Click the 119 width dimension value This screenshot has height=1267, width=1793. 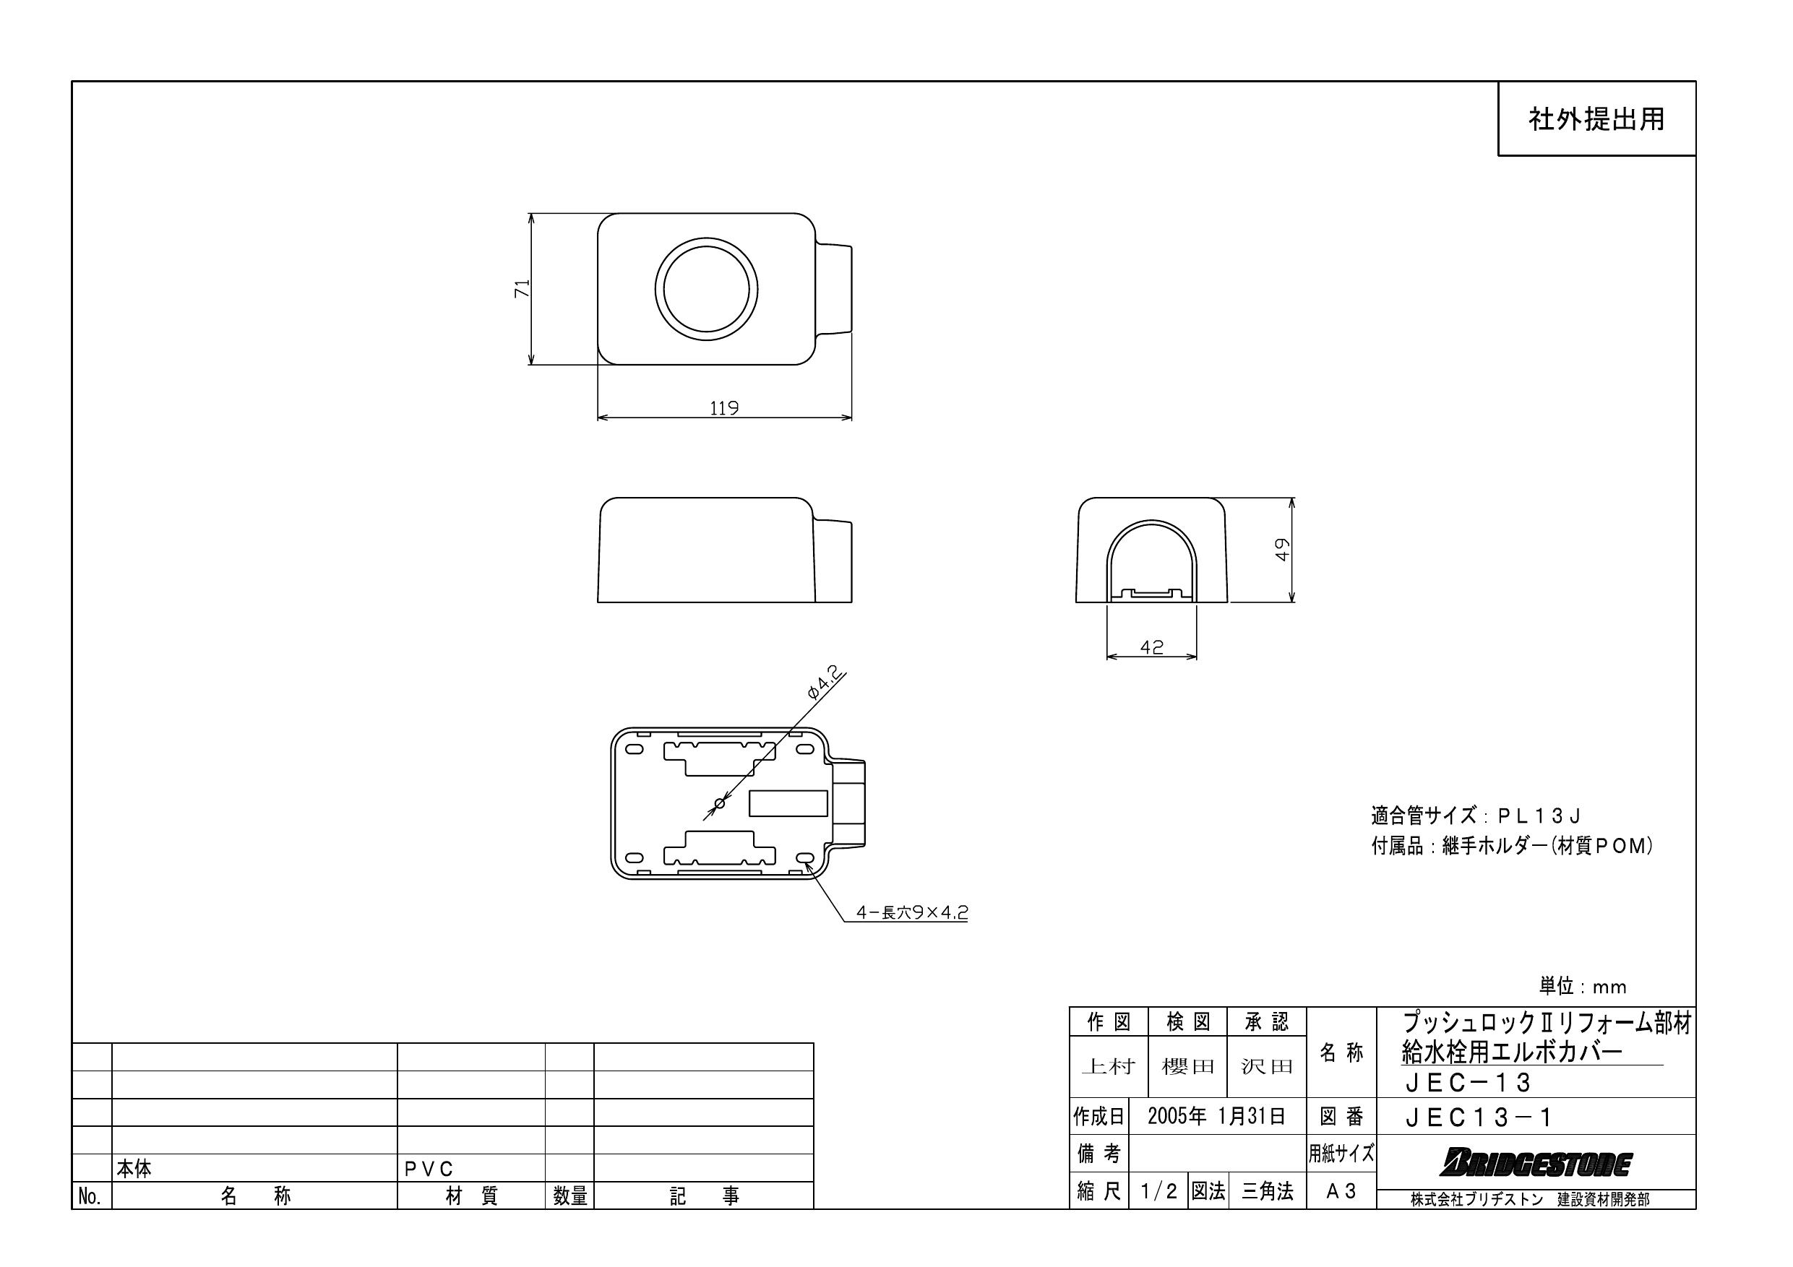(723, 407)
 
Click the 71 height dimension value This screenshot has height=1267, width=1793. (523, 288)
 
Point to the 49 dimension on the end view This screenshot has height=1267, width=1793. (1281, 550)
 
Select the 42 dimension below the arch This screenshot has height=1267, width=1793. (1151, 647)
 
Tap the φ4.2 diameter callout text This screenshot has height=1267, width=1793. (823, 683)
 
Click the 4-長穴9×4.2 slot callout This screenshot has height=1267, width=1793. (911, 912)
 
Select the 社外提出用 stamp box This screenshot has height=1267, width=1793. (1596, 119)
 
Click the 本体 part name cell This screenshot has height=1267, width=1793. (134, 1169)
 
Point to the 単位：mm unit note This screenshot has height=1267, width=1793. (1582, 987)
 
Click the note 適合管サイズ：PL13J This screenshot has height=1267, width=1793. (1475, 816)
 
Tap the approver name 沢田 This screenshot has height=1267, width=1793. (1266, 1066)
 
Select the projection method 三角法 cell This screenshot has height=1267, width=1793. (1267, 1191)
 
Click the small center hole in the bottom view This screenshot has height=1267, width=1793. (720, 803)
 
